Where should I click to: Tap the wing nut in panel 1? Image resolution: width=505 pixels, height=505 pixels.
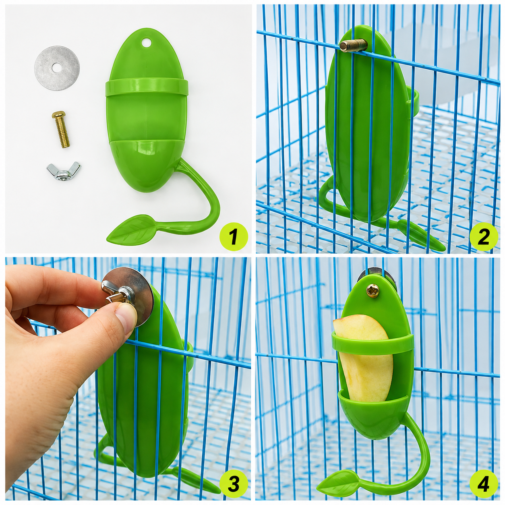(x=64, y=171)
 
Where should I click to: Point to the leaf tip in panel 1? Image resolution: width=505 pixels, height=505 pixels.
(x=108, y=240)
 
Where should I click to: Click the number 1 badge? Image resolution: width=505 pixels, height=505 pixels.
(x=234, y=237)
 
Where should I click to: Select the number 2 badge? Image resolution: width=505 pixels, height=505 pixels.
(x=484, y=237)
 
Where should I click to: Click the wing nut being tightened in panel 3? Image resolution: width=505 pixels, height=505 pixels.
(x=118, y=293)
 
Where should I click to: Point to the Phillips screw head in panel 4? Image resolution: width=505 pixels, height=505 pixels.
(x=373, y=290)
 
